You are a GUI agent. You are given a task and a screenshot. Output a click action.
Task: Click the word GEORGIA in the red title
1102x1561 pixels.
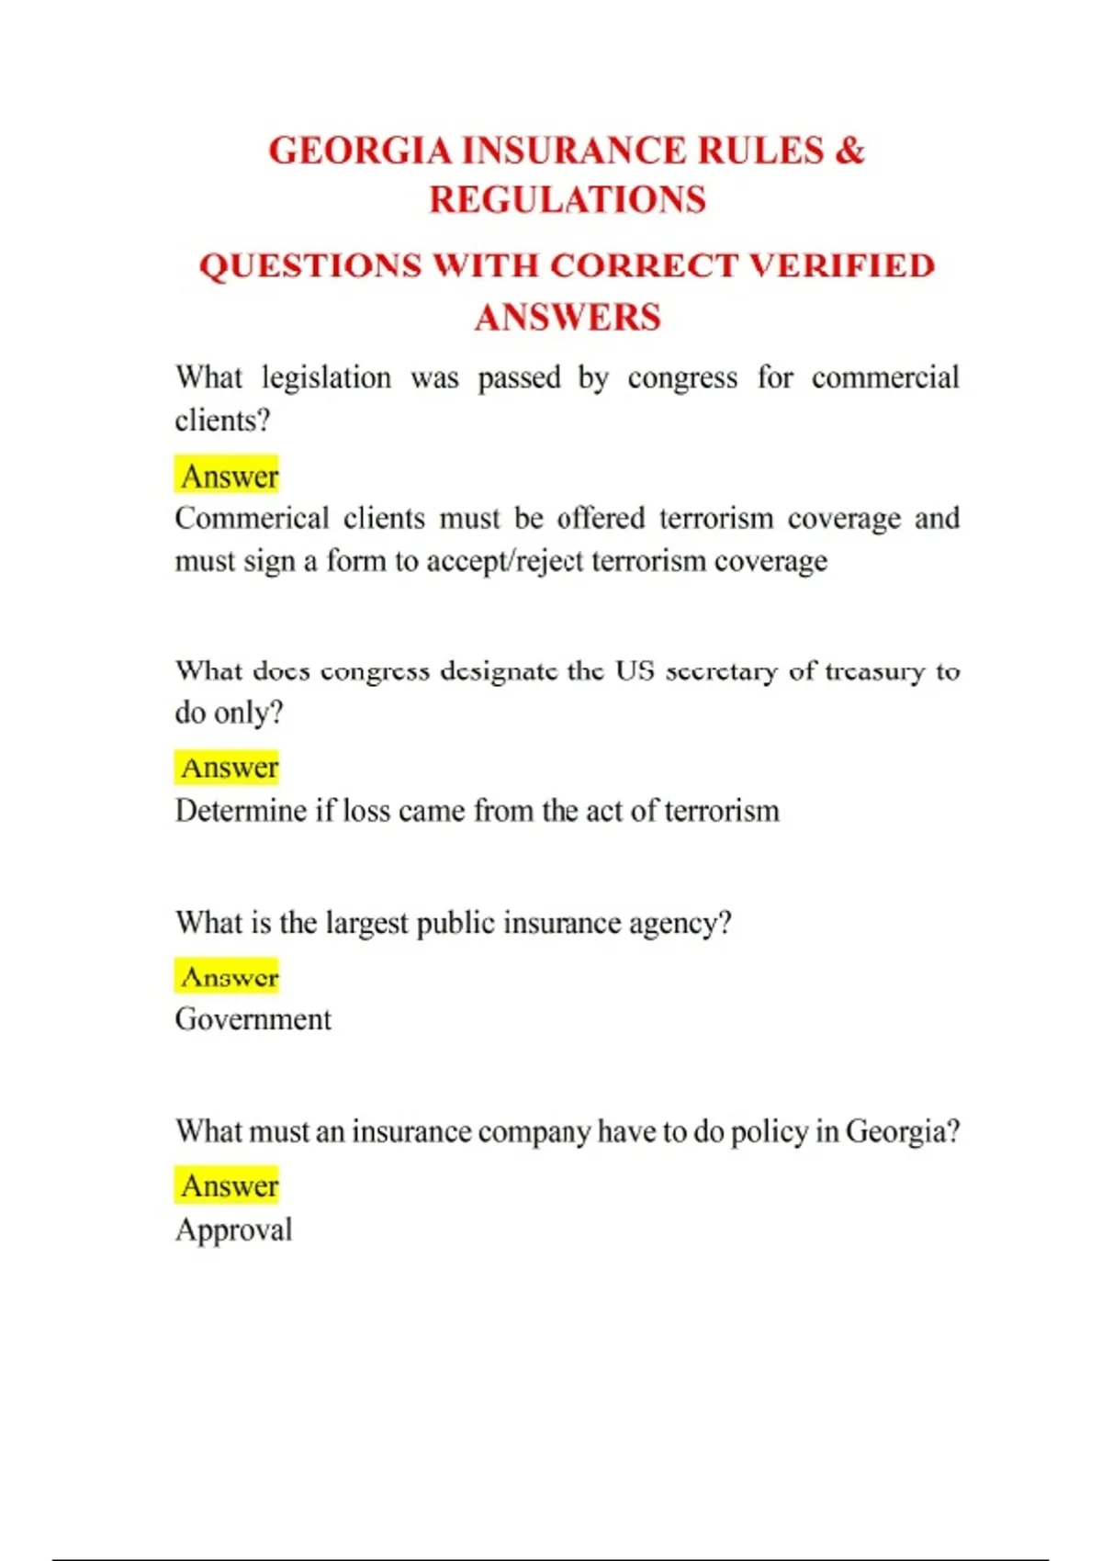(x=359, y=151)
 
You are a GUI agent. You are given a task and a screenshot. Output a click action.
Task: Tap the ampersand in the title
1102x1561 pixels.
(x=849, y=151)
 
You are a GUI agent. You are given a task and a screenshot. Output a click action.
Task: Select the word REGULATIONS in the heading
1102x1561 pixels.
(x=568, y=200)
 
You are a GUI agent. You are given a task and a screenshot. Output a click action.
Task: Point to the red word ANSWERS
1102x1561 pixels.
(x=568, y=318)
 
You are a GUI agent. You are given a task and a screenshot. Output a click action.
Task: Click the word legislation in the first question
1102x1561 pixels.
(x=326, y=377)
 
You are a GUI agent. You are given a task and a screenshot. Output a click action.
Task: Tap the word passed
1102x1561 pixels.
(x=519, y=377)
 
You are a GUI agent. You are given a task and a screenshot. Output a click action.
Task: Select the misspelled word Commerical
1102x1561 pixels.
(x=252, y=518)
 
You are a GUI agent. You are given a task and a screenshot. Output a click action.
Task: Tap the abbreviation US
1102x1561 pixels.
(x=635, y=671)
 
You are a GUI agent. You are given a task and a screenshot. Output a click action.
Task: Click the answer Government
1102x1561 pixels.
(x=253, y=1019)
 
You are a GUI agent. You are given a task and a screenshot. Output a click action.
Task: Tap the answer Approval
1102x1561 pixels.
(x=234, y=1230)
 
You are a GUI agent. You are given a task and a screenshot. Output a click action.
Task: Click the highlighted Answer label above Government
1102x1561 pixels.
(x=229, y=976)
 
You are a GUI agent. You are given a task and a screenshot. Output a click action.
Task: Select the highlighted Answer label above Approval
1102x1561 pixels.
(x=229, y=1185)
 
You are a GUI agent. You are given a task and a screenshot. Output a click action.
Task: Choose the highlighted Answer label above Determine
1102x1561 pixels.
(x=229, y=767)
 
